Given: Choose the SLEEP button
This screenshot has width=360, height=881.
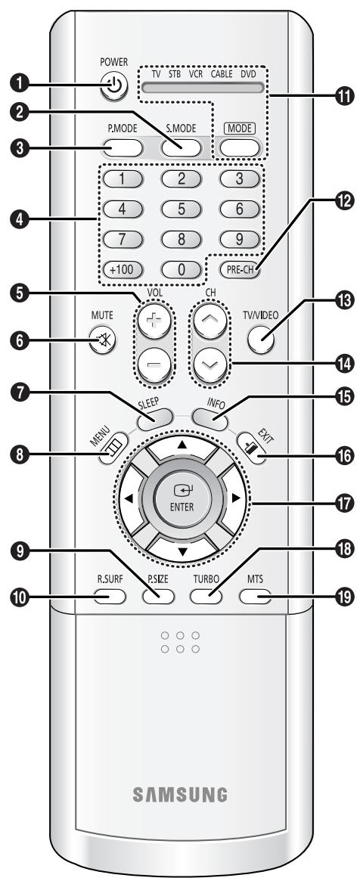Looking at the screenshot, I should tap(149, 395).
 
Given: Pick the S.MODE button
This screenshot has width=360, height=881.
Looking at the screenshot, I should tap(180, 126).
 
